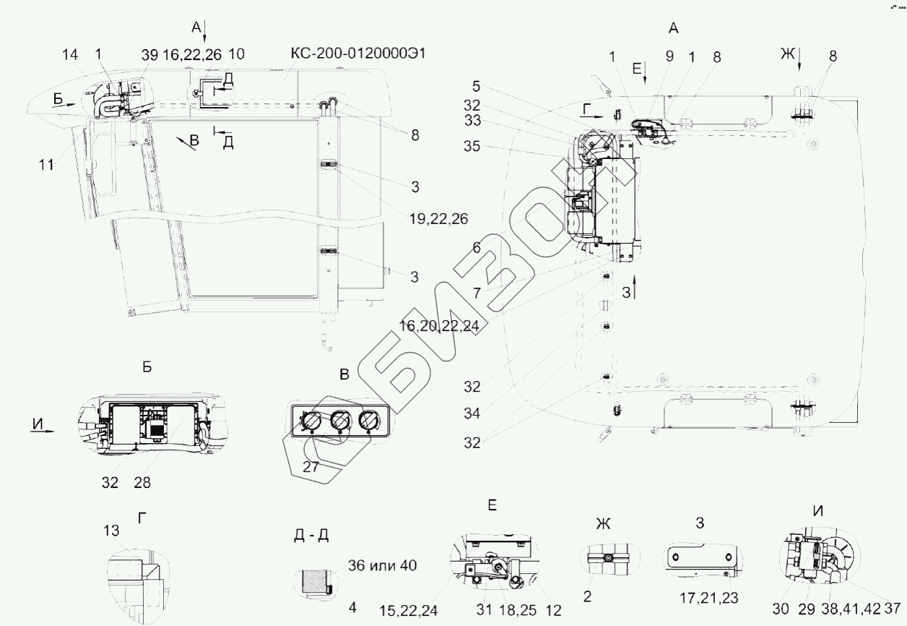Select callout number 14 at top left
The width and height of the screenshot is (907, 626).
tap(69, 54)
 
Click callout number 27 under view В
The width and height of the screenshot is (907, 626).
tap(311, 466)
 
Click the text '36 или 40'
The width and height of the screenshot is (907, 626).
tap(381, 565)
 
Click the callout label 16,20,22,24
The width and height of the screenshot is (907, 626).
tap(439, 327)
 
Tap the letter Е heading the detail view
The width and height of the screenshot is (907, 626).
tap(492, 506)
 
